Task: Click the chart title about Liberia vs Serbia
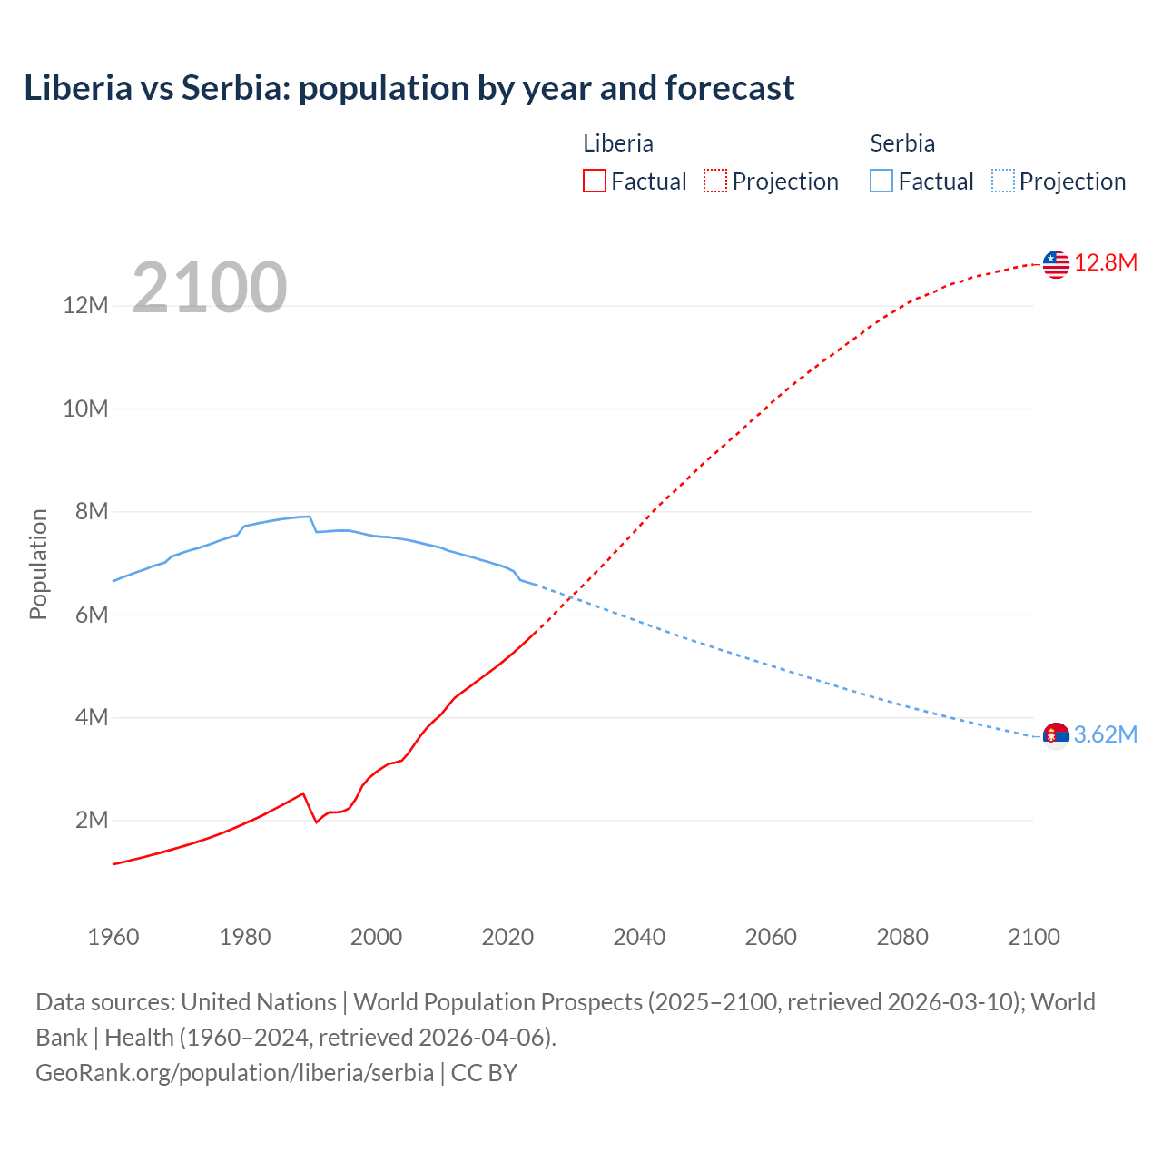(x=409, y=88)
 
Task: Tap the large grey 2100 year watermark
(x=210, y=288)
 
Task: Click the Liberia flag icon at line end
(x=1056, y=264)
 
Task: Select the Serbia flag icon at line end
(x=1056, y=735)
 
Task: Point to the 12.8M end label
(x=1106, y=263)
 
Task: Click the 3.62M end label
(x=1106, y=734)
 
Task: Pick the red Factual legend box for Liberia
(x=595, y=181)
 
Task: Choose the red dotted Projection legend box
(x=715, y=181)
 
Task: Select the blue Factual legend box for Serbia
(x=881, y=181)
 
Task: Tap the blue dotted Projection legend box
(x=1002, y=181)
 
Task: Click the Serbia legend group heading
(x=901, y=143)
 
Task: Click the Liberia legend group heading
(x=617, y=143)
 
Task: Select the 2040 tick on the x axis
(x=639, y=937)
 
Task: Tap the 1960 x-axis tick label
(x=113, y=937)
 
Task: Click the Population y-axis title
(x=38, y=564)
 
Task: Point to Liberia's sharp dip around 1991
(x=316, y=822)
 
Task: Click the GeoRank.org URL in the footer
(x=234, y=1073)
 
